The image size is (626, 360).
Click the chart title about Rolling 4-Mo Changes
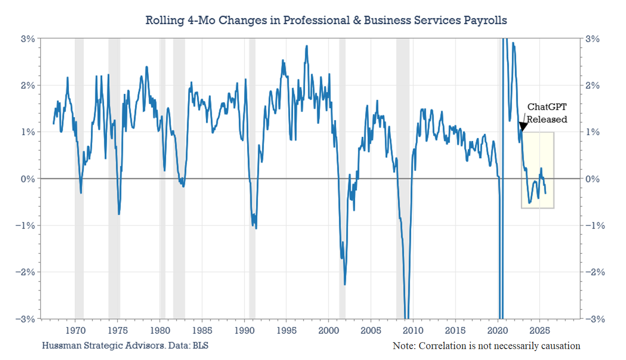[326, 20]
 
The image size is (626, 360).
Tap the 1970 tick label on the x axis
[75, 330]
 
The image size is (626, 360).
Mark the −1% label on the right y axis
[596, 225]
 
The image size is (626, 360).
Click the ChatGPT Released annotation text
[547, 113]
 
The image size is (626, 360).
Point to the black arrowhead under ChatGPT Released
[522, 127]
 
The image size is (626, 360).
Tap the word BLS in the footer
[201, 345]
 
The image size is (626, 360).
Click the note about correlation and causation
[486, 346]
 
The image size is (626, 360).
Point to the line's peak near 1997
[307, 46]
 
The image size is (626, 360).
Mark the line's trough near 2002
[345, 284]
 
